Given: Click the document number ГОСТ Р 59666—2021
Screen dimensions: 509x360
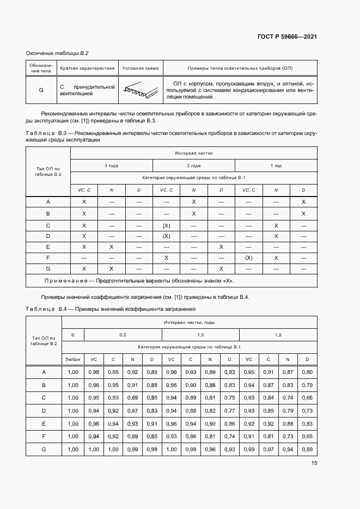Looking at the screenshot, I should tap(287, 37).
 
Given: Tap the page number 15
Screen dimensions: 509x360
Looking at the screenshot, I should tap(314, 463).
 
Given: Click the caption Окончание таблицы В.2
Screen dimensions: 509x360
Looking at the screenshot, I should tap(57, 53).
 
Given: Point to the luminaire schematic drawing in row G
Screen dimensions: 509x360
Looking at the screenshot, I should tap(133, 90).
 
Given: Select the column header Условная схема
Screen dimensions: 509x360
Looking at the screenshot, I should tap(141, 69).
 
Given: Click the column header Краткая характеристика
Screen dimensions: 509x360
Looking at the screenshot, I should tap(87, 69).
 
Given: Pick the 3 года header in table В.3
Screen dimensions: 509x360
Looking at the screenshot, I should tap(112, 165).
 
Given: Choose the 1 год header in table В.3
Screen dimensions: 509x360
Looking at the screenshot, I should tap(276, 165).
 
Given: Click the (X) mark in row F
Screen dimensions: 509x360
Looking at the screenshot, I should tap(248, 258).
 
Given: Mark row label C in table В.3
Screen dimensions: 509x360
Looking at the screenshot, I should tap(48, 225).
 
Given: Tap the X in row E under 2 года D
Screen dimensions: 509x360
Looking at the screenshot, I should tap(221, 247).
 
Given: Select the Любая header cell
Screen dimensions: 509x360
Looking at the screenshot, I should tap(73, 360).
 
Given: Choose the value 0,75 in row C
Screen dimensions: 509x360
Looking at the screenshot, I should tap(229, 398).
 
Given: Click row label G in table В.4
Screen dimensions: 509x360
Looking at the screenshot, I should tap(44, 449).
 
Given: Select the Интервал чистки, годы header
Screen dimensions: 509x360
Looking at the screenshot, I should tap(189, 323).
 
